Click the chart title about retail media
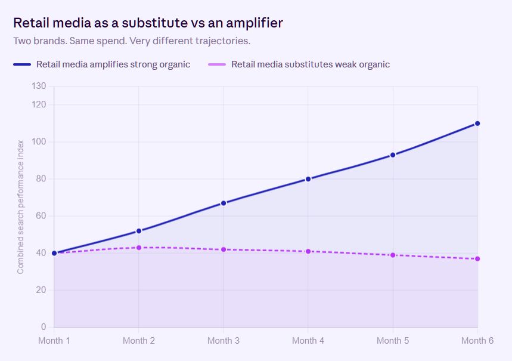click(x=148, y=23)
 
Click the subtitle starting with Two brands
click(x=132, y=41)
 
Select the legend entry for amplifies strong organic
click(x=101, y=64)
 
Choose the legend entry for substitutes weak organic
click(x=299, y=64)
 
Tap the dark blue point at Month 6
click(x=477, y=124)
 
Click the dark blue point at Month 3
click(x=224, y=203)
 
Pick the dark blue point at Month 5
click(x=393, y=155)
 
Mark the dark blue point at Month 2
click(x=139, y=231)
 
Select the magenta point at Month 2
click(x=139, y=248)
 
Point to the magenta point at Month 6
click(x=477, y=258)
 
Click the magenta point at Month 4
click(x=308, y=251)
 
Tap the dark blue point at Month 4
click(x=308, y=179)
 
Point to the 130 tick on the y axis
click(x=39, y=86)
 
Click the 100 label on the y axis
click(x=39, y=141)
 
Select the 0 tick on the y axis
click(x=44, y=326)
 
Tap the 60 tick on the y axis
click(x=41, y=216)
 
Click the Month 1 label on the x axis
click(x=54, y=340)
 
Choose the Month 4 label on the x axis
click(x=308, y=340)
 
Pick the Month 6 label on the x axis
click(x=477, y=340)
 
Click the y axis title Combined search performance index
click(x=21, y=207)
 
